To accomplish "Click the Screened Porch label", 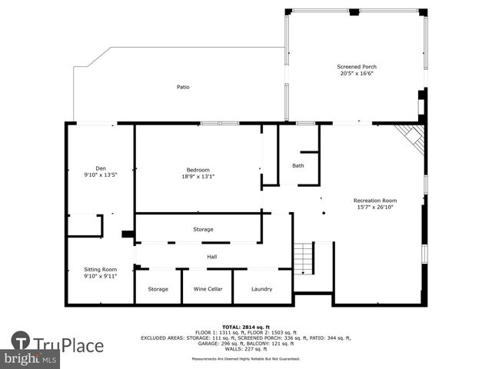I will (x=357, y=67).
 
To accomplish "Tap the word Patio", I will (x=183, y=87).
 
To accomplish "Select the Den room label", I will (x=101, y=168).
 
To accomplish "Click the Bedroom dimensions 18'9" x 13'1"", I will (x=198, y=177).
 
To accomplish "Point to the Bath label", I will (x=298, y=165).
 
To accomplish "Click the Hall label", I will (x=211, y=257).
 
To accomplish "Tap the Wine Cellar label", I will (x=207, y=289).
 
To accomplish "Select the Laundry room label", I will (x=262, y=289).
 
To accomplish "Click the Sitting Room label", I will (x=101, y=269).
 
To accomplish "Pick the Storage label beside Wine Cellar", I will (x=158, y=289).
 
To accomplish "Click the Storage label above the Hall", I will (x=203, y=229).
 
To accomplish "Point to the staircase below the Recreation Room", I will (x=304, y=258).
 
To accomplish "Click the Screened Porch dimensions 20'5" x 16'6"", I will (x=357, y=74).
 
